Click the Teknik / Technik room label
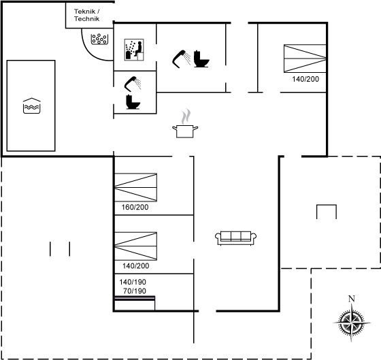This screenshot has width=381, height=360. (x=87, y=15)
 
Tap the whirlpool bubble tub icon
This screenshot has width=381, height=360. (x=99, y=39)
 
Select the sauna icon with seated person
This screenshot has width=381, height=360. (x=134, y=50)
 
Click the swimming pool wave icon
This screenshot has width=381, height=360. (x=32, y=105)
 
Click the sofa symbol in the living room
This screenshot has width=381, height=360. (x=235, y=238)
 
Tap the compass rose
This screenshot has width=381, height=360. (x=352, y=323)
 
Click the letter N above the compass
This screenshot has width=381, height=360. (x=351, y=299)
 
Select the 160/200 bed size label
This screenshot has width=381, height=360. (x=135, y=207)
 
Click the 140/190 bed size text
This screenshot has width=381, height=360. (x=133, y=282)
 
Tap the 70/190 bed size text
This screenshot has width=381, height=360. (x=135, y=291)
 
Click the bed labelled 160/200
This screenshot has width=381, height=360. (x=135, y=187)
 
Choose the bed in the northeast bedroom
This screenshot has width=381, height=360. (x=305, y=59)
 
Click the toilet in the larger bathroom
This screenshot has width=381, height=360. (x=201, y=59)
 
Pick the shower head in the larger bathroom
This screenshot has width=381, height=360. (x=182, y=59)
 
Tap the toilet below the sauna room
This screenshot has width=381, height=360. (x=133, y=102)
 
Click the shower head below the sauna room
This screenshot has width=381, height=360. (x=133, y=84)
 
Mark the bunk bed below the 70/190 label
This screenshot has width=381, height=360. (x=135, y=303)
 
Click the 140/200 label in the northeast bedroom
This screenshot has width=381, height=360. (x=305, y=79)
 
